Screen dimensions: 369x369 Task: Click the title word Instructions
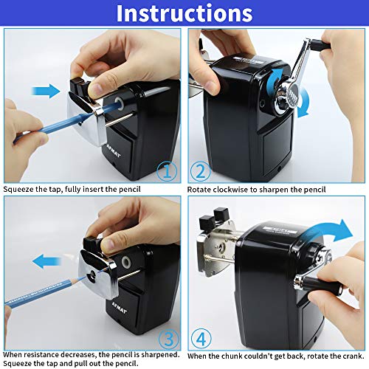point(184,14)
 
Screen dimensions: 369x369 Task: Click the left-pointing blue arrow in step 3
point(46,258)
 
